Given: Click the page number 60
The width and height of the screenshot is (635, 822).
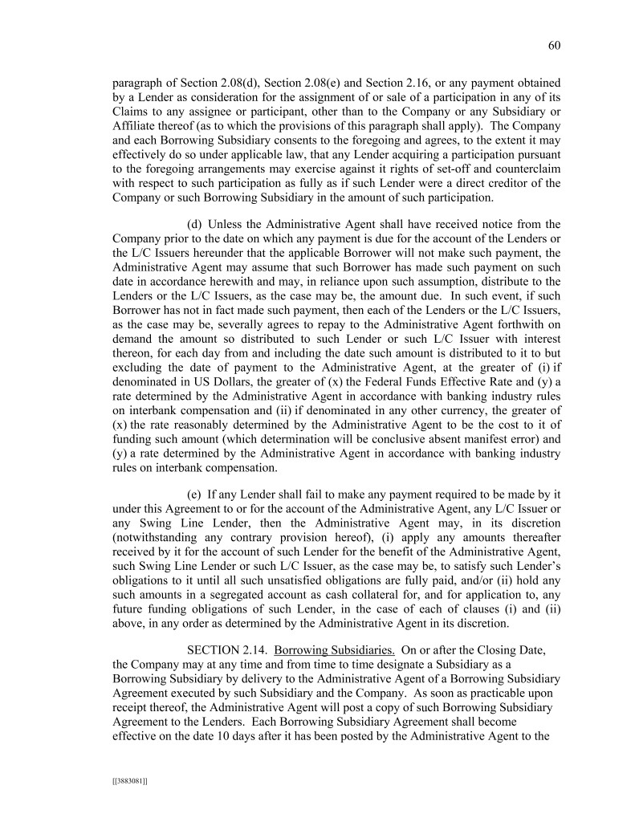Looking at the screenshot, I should click(x=553, y=46).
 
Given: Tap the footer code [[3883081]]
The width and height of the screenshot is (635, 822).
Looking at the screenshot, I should click(x=129, y=778).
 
